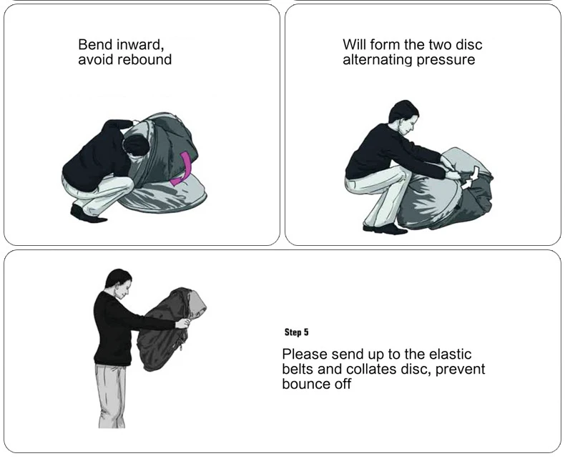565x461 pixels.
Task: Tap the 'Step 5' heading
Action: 297,332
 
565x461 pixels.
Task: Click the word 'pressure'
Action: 446,60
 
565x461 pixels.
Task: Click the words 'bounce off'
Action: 316,384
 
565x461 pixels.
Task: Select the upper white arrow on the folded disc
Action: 475,172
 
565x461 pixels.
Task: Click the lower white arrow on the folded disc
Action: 467,185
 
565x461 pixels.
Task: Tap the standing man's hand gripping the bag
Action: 183,323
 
